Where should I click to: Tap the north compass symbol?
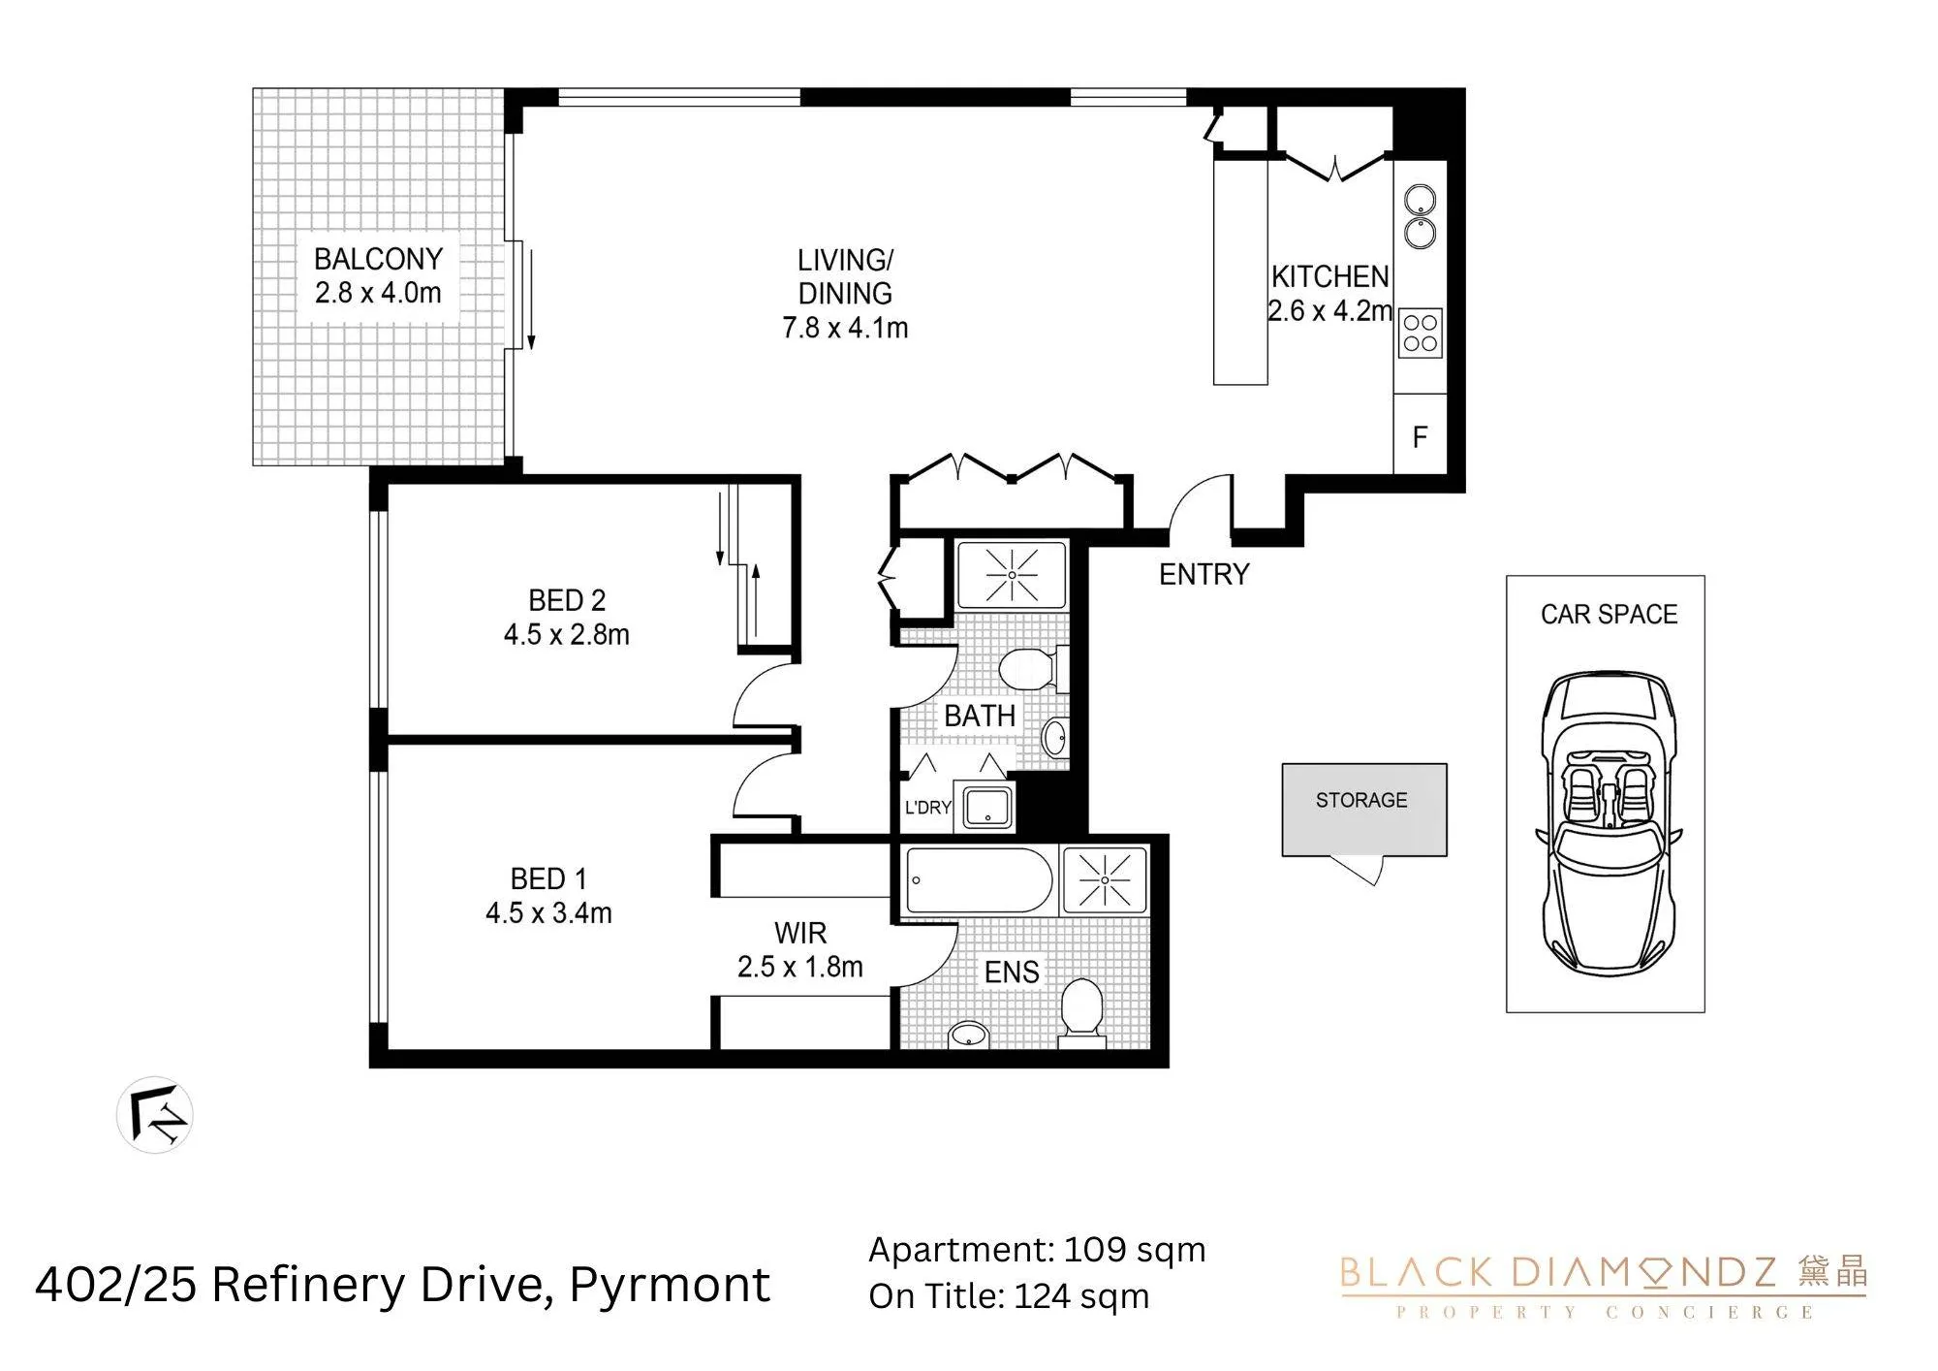coord(155,1115)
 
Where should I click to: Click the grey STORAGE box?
coord(1364,810)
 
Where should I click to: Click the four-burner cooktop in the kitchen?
coord(1421,333)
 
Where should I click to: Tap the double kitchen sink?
coord(1421,216)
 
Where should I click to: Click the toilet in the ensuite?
coord(1082,1010)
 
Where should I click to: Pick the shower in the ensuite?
coord(1105,880)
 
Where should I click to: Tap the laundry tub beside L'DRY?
coord(985,807)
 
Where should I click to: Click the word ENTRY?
coord(1204,575)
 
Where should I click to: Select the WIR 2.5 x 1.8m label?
coord(800,950)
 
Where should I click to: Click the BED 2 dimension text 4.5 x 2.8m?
coord(567,635)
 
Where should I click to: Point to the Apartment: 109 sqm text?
coord(1037,1250)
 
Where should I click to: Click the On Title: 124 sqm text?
coord(1009,1296)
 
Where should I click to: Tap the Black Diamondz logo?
coord(1604,1287)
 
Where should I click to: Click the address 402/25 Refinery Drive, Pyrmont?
coord(402,1286)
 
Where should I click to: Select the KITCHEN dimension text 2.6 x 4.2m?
coord(1329,311)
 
